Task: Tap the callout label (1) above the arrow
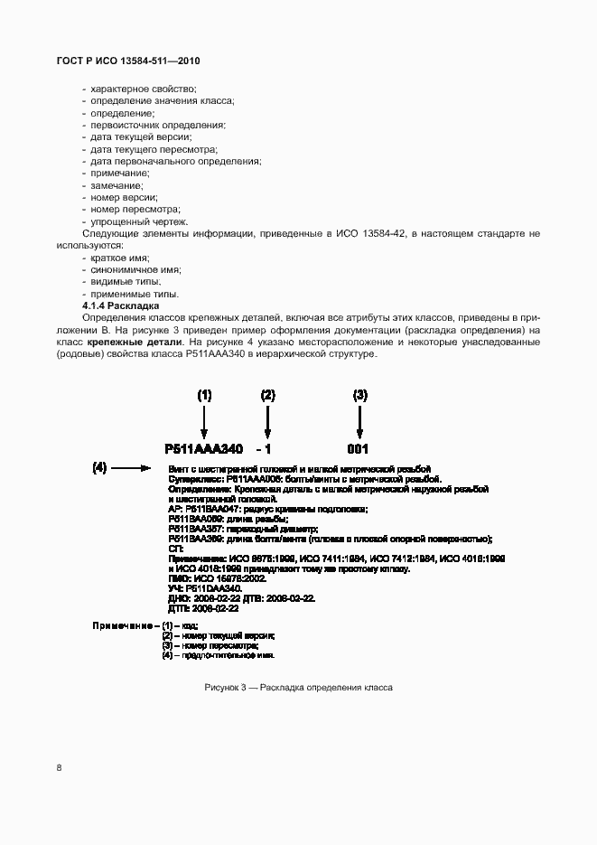click(204, 395)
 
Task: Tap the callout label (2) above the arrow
click(267, 395)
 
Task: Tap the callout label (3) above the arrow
click(359, 395)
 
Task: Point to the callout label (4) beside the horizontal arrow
click(100, 468)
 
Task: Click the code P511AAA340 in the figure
click(204, 448)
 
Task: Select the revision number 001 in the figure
click(359, 448)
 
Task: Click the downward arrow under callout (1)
click(204, 421)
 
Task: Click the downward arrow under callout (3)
click(359, 421)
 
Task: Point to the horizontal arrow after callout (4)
click(135, 468)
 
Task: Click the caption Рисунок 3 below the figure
click(298, 688)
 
